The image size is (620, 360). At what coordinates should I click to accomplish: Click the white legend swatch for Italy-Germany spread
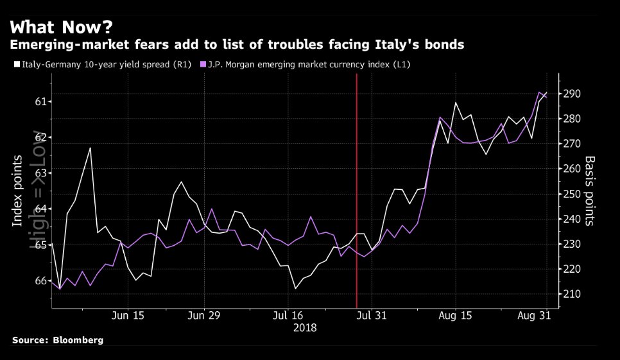(17, 65)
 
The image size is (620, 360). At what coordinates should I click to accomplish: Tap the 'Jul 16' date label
(288, 316)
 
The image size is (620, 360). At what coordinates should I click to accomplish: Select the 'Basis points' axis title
(589, 191)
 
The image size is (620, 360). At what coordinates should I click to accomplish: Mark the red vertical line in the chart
(356, 193)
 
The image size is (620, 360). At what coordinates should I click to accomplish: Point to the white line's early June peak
(90, 148)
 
